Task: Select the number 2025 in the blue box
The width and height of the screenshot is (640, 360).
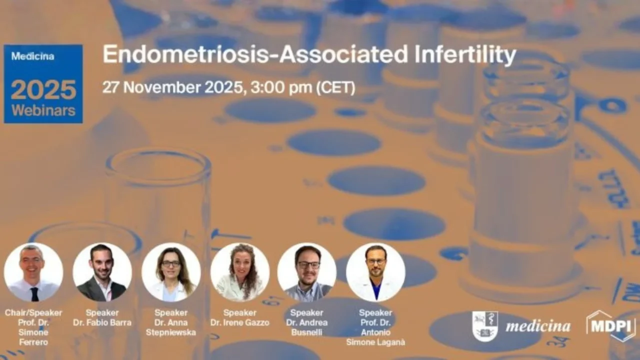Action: [43, 90]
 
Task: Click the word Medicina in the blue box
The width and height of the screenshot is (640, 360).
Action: [32, 56]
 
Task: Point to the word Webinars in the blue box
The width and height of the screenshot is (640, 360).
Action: [43, 110]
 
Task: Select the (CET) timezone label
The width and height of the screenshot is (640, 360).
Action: [335, 87]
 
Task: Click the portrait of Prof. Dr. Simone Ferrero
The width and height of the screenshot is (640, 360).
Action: [33, 272]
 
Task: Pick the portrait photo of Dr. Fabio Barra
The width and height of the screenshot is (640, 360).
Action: [102, 272]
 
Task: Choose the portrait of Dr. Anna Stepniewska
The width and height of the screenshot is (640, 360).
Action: [171, 272]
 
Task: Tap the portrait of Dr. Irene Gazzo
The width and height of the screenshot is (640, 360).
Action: [240, 272]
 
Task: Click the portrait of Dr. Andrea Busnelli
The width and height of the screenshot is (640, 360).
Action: [307, 272]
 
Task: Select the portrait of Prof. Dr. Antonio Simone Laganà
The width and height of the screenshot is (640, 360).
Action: [375, 272]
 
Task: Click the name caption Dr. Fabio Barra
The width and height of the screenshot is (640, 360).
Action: [102, 322]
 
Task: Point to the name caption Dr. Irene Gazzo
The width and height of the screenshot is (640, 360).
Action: [240, 322]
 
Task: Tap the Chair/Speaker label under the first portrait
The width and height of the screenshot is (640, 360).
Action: [33, 313]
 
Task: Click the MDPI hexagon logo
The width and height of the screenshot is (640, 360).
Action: [610, 326]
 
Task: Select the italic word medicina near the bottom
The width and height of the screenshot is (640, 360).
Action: [537, 327]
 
